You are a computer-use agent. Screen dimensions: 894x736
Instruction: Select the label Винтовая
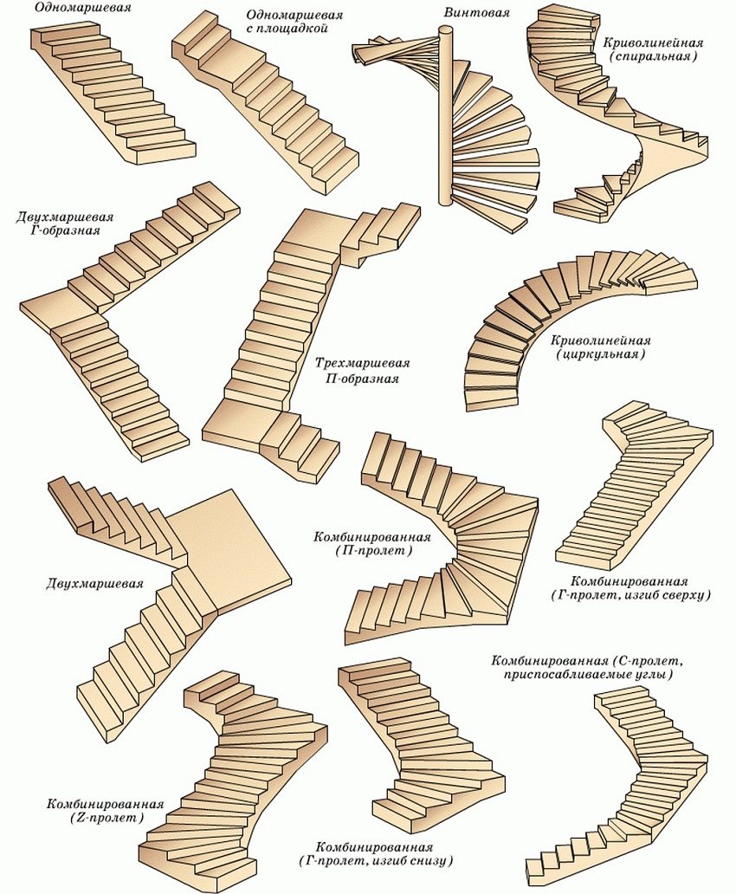(472, 13)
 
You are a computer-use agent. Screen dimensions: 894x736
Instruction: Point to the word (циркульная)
(602, 354)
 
